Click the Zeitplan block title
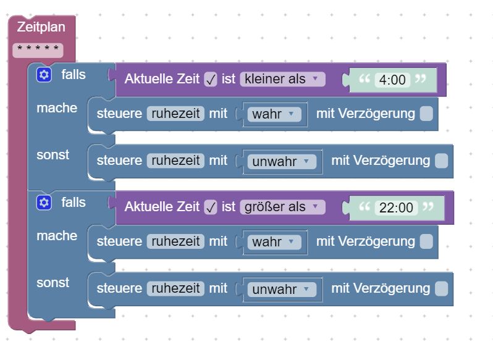point(41,27)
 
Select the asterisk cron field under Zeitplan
point(38,49)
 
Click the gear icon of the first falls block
point(43,75)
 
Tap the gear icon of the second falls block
point(43,203)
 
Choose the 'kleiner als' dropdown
point(282,78)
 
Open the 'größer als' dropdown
point(282,206)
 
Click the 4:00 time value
point(392,80)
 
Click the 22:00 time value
point(396,207)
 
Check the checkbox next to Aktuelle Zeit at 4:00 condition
point(211,79)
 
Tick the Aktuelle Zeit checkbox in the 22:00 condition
point(211,207)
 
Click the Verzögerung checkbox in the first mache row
point(426,114)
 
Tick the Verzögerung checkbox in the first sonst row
point(441,161)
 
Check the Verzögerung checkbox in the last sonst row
point(441,289)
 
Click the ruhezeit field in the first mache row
point(175,114)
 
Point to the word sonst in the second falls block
point(53,283)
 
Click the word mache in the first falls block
point(57,108)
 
